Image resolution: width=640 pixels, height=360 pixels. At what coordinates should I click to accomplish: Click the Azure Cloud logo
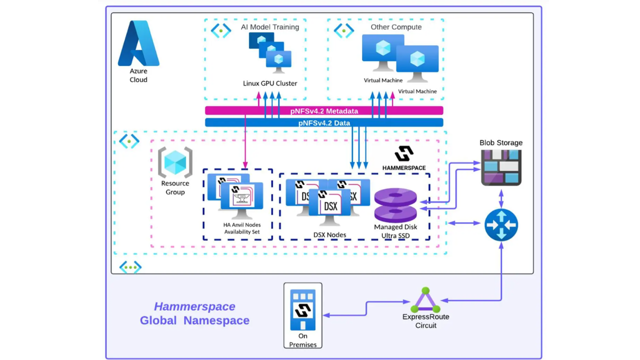[138, 43]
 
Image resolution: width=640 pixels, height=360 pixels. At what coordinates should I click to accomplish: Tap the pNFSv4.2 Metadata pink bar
[324, 110]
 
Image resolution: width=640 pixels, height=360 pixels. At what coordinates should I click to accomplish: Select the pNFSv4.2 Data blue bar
[324, 122]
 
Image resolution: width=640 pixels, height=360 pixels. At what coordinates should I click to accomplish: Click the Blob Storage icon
[501, 167]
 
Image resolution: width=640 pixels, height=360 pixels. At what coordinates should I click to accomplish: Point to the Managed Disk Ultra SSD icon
[395, 205]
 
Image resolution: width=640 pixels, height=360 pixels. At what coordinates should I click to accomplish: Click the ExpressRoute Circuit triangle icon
[425, 300]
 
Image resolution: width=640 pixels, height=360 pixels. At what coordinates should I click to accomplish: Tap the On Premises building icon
[303, 309]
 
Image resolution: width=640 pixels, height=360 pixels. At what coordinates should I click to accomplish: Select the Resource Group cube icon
[175, 162]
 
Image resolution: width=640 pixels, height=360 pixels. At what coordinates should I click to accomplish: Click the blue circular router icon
[501, 225]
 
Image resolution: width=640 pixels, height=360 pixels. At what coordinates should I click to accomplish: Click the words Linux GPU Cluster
[270, 83]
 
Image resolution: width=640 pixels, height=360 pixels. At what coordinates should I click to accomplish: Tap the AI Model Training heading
[270, 27]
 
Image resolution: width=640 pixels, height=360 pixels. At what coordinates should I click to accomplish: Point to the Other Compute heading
[396, 27]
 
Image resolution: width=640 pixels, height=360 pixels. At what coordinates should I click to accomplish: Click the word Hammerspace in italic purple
[194, 306]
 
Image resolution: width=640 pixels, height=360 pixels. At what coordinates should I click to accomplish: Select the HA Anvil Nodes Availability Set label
[242, 228]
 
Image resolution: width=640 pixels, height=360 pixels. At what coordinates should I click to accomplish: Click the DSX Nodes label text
[329, 235]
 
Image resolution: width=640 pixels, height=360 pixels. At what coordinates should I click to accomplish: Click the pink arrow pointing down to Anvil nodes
[245, 141]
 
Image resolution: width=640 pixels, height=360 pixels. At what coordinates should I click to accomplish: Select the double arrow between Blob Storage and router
[501, 199]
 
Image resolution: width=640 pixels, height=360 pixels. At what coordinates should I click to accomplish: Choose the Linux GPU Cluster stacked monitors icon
[270, 53]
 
